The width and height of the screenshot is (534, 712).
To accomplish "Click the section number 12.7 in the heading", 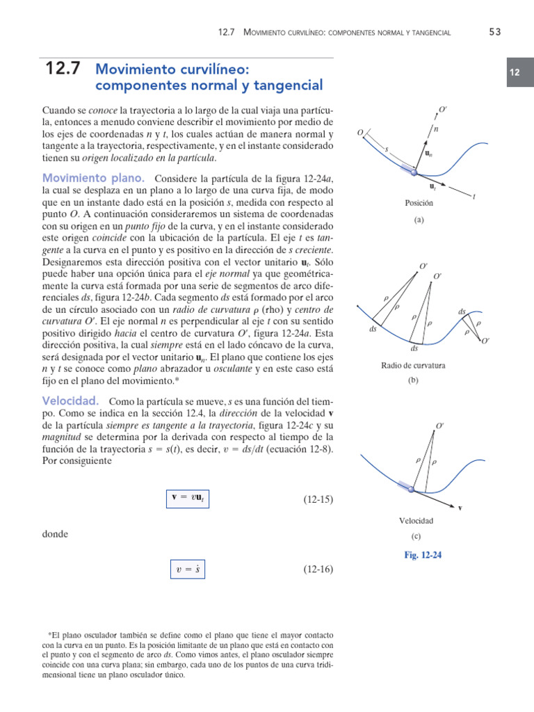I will click(x=62, y=68).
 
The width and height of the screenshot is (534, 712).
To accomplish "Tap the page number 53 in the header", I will click(x=494, y=31).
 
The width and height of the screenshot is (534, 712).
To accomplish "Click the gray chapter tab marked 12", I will click(x=515, y=73).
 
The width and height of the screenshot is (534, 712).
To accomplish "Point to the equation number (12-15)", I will click(x=318, y=499).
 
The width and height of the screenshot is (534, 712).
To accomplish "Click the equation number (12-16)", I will click(x=318, y=569).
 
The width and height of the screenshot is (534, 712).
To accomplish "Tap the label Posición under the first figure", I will click(x=419, y=203).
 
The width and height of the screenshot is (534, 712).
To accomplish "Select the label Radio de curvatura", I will click(x=414, y=365).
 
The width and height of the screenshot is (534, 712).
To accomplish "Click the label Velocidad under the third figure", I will click(x=416, y=520).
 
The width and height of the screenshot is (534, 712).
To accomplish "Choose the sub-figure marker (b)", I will click(x=414, y=381).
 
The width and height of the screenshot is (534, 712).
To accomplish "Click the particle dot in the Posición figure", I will click(x=415, y=172).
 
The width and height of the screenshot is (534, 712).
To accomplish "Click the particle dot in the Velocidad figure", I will click(x=411, y=489).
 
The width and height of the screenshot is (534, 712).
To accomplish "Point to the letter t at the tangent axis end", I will click(x=474, y=197).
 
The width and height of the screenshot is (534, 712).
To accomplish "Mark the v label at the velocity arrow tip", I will click(x=460, y=508).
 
